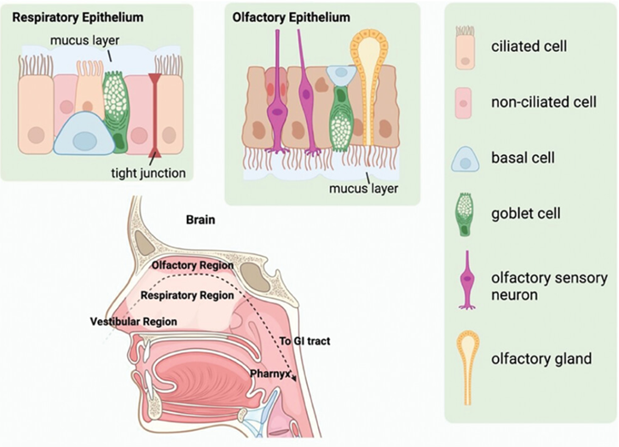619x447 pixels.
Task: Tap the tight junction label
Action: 148,172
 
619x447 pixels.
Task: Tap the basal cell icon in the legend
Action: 466,158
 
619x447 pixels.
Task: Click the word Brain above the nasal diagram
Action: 201,220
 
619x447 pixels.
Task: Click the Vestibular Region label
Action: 133,322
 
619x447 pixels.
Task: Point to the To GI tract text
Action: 304,341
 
